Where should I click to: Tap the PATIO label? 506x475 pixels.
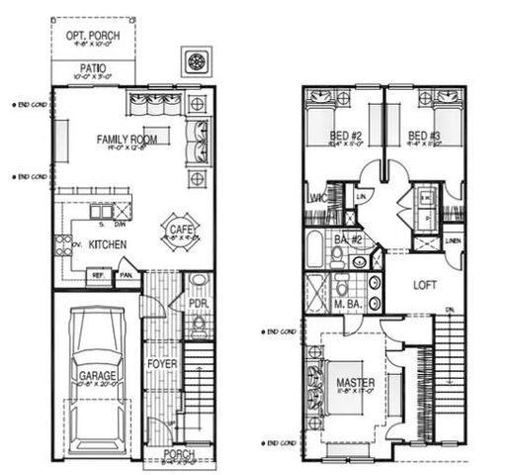(92, 69)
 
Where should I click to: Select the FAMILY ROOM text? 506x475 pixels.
(128, 140)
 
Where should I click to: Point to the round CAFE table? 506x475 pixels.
(178, 232)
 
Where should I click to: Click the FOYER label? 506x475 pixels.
(161, 363)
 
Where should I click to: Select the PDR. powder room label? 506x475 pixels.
(197, 303)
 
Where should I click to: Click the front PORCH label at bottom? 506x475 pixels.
(178, 454)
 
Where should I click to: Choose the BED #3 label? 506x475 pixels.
(423, 136)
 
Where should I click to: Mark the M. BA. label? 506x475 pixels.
(347, 303)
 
